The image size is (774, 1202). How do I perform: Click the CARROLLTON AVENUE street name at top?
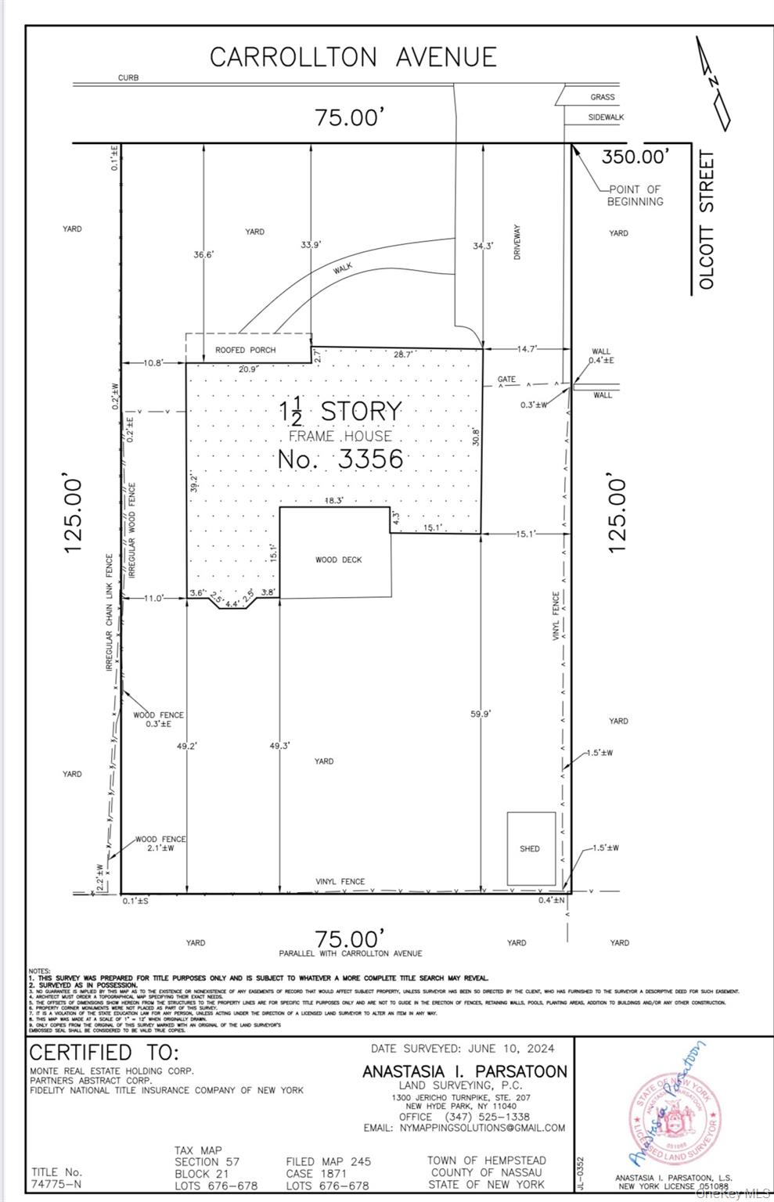click(x=353, y=57)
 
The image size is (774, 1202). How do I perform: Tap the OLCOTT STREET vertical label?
click(x=707, y=221)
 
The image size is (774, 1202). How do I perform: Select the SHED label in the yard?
click(x=530, y=848)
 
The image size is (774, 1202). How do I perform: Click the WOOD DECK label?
click(x=339, y=560)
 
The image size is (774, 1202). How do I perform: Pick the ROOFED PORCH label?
click(x=246, y=350)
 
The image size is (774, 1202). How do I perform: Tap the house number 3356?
click(x=340, y=459)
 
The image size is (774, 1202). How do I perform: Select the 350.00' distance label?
click(x=635, y=157)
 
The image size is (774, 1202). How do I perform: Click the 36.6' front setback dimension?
click(x=203, y=254)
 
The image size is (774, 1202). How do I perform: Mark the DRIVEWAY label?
click(x=517, y=243)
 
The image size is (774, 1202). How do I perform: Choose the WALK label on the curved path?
click(x=343, y=268)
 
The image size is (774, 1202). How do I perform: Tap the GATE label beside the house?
click(x=506, y=380)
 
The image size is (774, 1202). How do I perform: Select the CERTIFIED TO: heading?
click(x=104, y=1052)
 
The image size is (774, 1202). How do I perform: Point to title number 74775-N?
click(x=56, y=1186)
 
